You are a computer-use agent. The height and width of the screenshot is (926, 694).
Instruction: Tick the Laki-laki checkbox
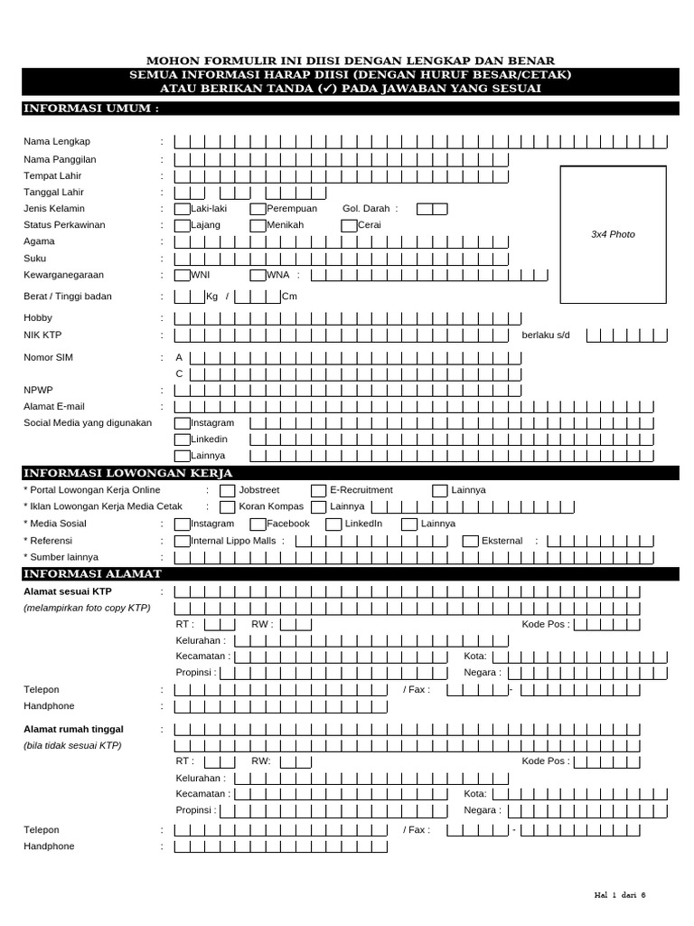point(183,209)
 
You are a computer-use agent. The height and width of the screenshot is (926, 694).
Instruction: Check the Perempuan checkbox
point(258,209)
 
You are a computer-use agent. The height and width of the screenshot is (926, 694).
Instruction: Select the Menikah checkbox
point(258,225)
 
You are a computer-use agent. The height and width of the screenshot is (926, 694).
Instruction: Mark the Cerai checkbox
point(350,225)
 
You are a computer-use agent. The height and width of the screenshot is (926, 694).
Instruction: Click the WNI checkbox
point(183,275)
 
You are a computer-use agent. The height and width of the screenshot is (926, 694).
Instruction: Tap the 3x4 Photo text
point(613,234)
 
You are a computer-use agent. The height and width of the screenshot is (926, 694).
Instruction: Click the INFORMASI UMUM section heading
point(91,109)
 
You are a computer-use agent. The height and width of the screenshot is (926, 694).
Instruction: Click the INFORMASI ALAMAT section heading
point(93,573)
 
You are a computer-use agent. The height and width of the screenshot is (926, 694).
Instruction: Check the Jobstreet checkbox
point(228,490)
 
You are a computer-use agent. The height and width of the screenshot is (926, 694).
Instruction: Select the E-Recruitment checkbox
point(319,490)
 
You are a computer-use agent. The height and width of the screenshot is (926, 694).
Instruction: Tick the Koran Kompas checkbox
point(228,506)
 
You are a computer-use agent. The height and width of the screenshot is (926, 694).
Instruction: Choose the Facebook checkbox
point(258,524)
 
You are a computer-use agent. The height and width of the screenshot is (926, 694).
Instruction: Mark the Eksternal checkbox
point(471,541)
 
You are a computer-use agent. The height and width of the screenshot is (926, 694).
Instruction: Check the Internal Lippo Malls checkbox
point(183,541)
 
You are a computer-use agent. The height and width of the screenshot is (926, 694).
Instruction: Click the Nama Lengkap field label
point(57,142)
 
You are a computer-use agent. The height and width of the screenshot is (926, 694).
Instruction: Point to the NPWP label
point(38,390)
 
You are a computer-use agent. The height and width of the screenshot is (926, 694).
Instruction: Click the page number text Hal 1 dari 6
point(620,895)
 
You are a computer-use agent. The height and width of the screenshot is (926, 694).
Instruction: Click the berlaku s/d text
point(546,335)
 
